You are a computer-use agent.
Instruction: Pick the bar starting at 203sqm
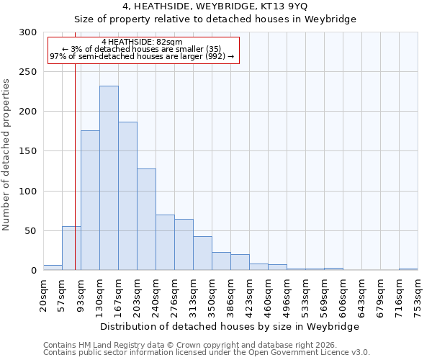click(146, 219)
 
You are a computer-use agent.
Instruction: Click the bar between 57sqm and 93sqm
click(71, 248)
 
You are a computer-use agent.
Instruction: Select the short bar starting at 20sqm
click(53, 268)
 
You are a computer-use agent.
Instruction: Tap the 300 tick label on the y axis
click(28, 32)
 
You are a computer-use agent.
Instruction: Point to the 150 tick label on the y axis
click(28, 151)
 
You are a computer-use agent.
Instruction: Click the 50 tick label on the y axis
click(31, 231)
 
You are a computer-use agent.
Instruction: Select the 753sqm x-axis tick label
click(418, 296)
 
